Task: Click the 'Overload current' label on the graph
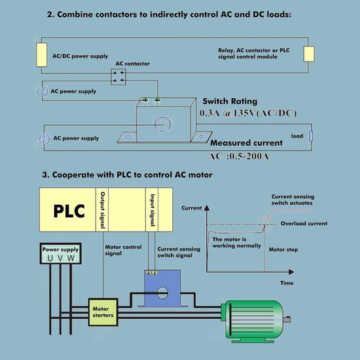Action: (x=304, y=223)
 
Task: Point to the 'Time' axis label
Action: (x=286, y=283)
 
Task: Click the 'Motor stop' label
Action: (x=283, y=249)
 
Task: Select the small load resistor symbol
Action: (x=310, y=137)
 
